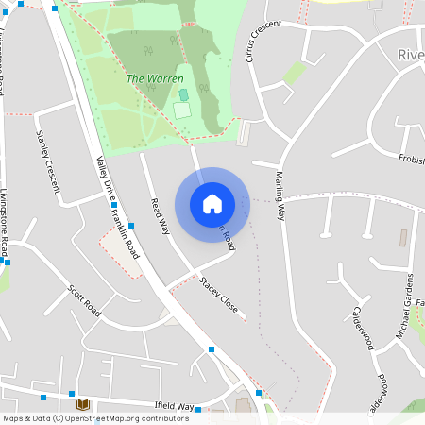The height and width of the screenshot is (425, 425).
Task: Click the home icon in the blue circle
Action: (212, 203)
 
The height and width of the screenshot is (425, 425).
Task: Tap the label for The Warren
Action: (155, 78)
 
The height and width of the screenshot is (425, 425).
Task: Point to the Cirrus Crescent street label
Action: (262, 36)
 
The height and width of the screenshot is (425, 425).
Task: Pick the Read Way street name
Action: (160, 216)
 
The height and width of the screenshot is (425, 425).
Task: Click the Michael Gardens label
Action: (403, 307)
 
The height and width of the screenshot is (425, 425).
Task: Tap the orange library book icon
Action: (81, 404)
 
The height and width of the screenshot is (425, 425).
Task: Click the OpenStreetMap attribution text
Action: (95, 417)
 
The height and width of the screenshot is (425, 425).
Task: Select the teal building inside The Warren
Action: (183, 94)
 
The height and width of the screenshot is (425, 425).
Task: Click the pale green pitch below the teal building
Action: (181, 110)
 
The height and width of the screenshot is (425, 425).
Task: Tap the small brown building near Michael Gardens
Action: (404, 235)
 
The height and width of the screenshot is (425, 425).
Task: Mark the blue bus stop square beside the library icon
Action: (72, 393)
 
